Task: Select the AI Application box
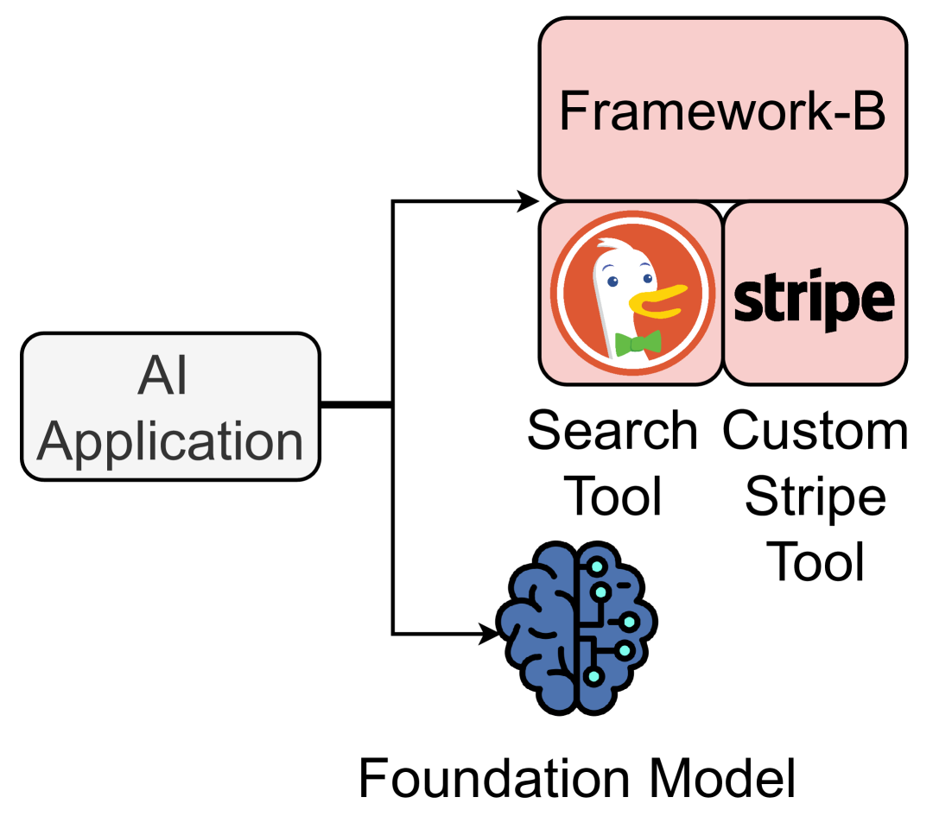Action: [170, 406]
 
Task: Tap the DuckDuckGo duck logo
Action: [632, 292]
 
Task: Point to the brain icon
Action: [576, 628]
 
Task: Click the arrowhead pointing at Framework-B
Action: [528, 202]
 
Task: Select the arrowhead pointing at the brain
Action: [489, 635]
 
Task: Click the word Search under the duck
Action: [612, 431]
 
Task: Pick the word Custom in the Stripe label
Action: [816, 431]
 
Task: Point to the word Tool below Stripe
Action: [816, 562]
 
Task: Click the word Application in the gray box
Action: [170, 442]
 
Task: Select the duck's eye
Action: [612, 280]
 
